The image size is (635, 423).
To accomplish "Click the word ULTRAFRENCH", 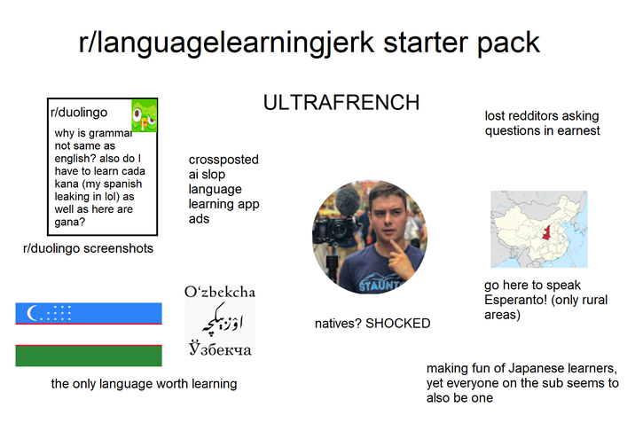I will click(341, 103).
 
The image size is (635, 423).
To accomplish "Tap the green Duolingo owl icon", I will click(144, 115).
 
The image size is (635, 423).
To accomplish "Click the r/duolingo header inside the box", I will click(79, 113).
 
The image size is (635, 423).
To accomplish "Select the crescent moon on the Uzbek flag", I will click(35, 313).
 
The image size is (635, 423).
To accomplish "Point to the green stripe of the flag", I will click(89, 356).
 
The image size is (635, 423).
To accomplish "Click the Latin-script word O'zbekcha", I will click(220, 292).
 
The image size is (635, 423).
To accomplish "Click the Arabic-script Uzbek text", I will click(219, 320).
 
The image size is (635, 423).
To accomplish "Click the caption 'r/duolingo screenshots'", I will click(88, 248).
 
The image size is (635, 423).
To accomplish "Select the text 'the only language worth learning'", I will click(144, 384).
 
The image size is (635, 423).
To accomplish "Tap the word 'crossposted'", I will click(223, 160).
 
